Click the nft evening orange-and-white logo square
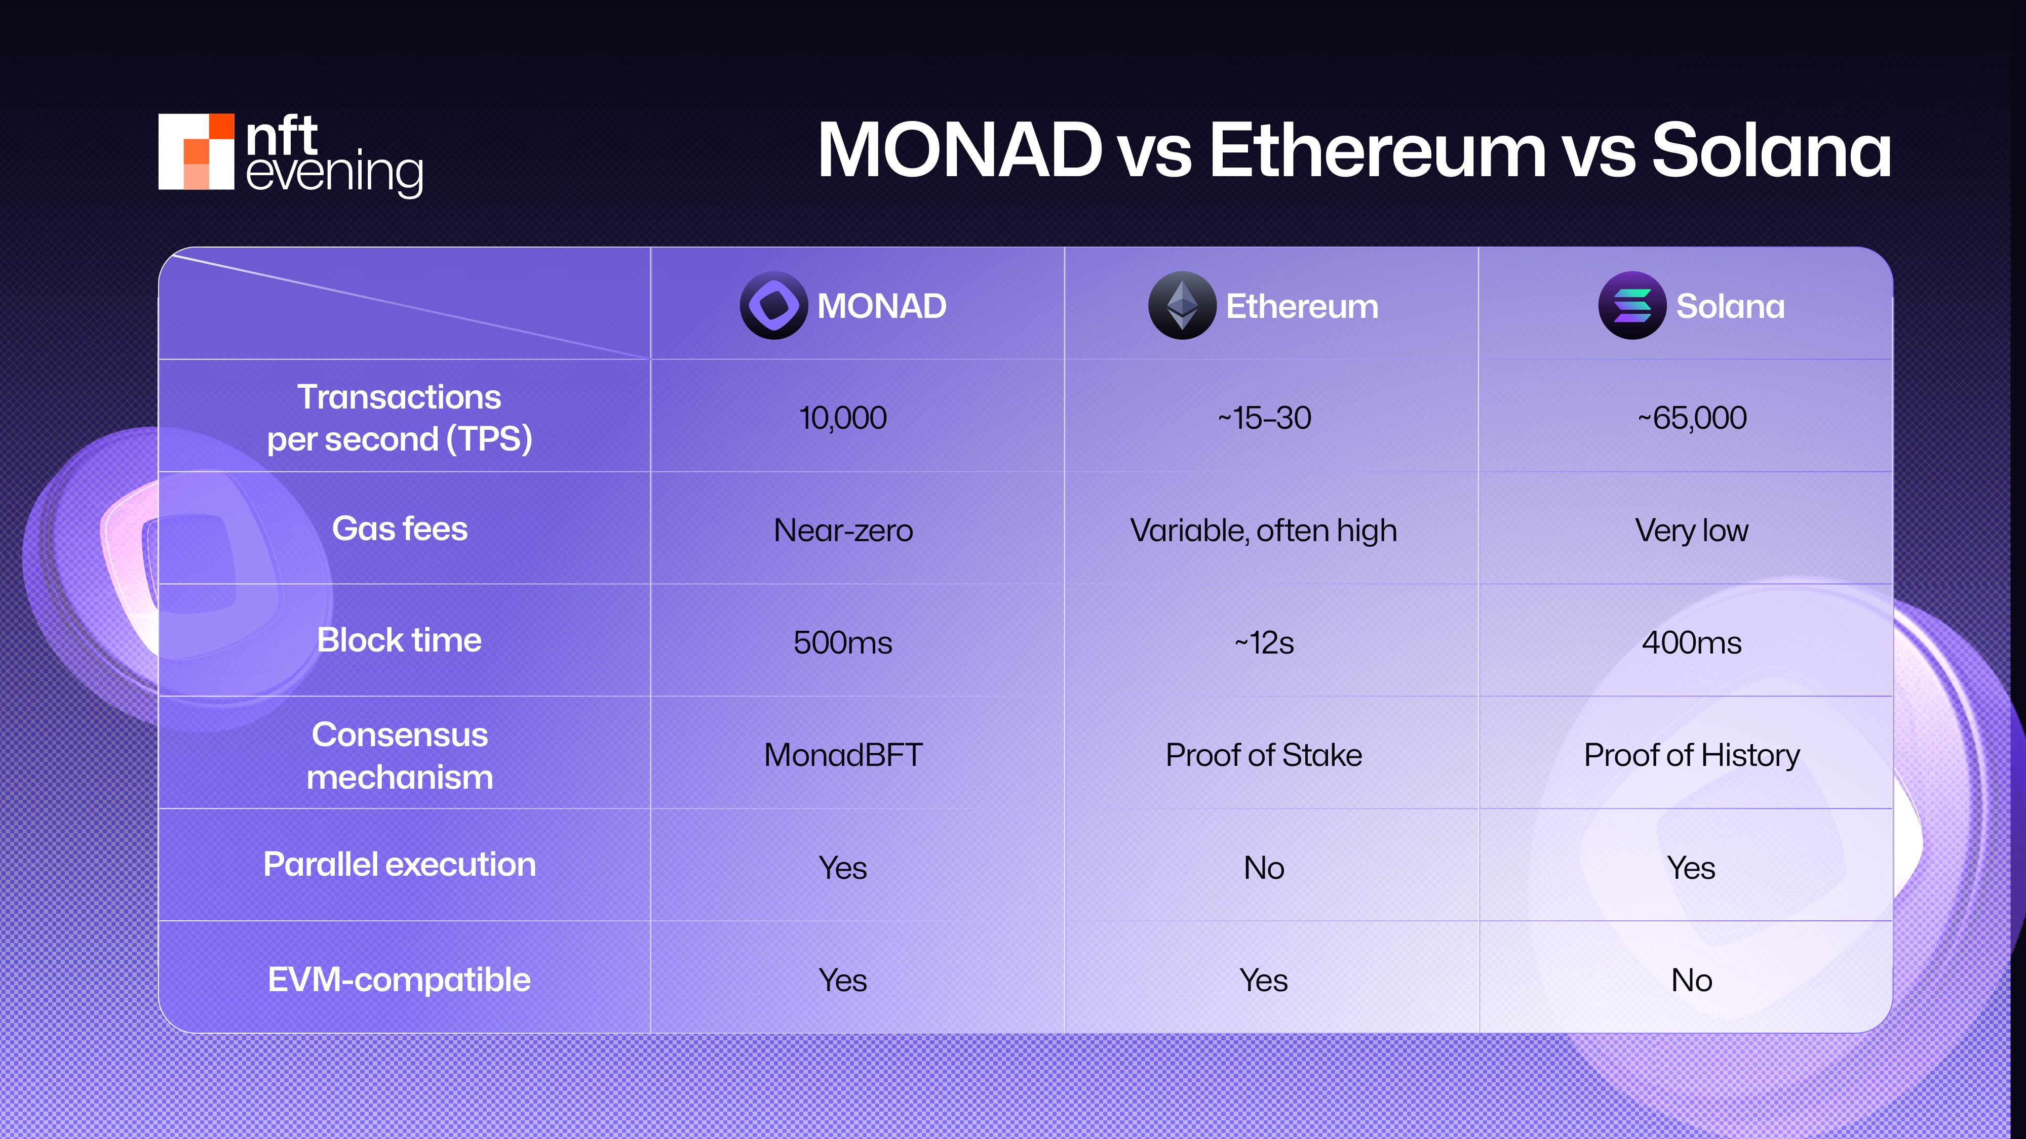coord(196,152)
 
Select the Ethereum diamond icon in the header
coord(1181,306)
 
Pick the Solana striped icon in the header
coord(1632,306)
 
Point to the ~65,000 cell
coord(1692,418)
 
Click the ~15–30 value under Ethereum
coord(1264,418)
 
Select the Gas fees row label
coord(400,528)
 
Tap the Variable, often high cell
coord(1264,531)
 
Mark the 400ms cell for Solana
coord(1692,642)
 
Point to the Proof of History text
coord(1692,755)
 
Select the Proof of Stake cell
coord(1264,755)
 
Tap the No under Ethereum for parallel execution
coord(1264,868)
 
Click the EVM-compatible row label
coord(400,980)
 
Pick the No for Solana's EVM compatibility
coord(1692,980)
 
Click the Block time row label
coord(400,640)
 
